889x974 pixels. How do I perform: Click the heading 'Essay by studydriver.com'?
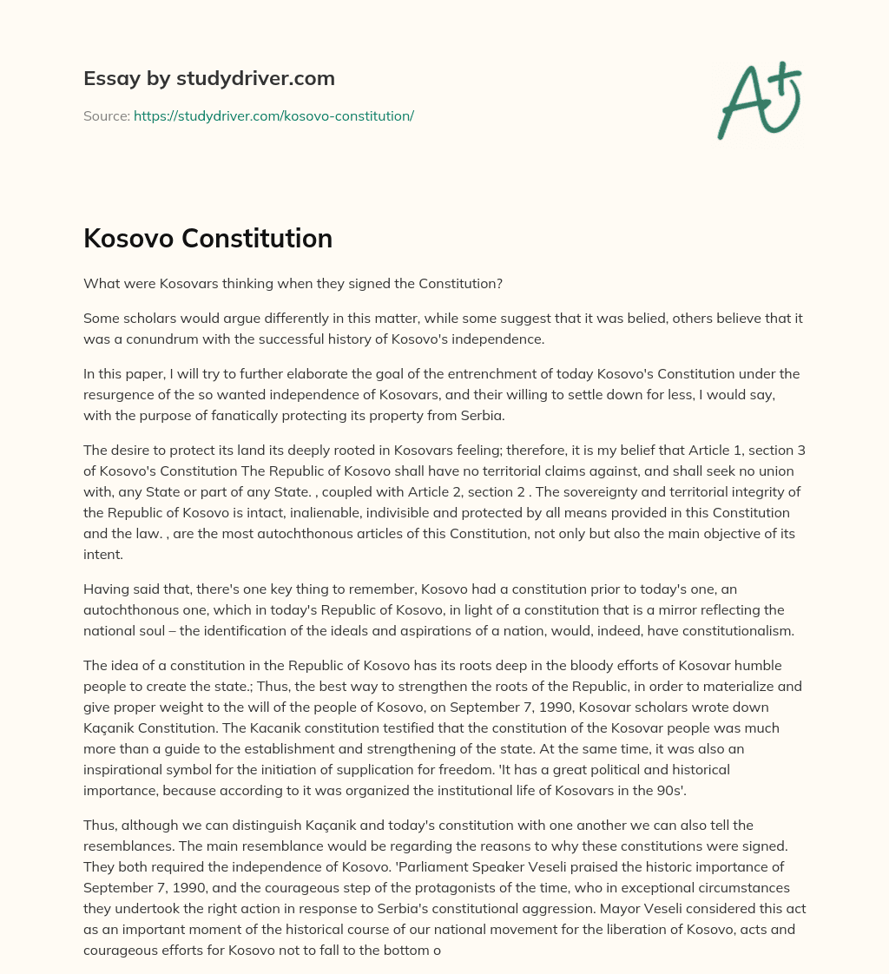coord(209,79)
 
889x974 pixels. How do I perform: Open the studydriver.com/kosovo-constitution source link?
coord(273,115)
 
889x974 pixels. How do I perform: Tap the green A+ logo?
coord(758,100)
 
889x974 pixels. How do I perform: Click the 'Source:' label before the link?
coord(106,115)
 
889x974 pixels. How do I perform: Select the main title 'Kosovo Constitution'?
coord(207,238)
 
